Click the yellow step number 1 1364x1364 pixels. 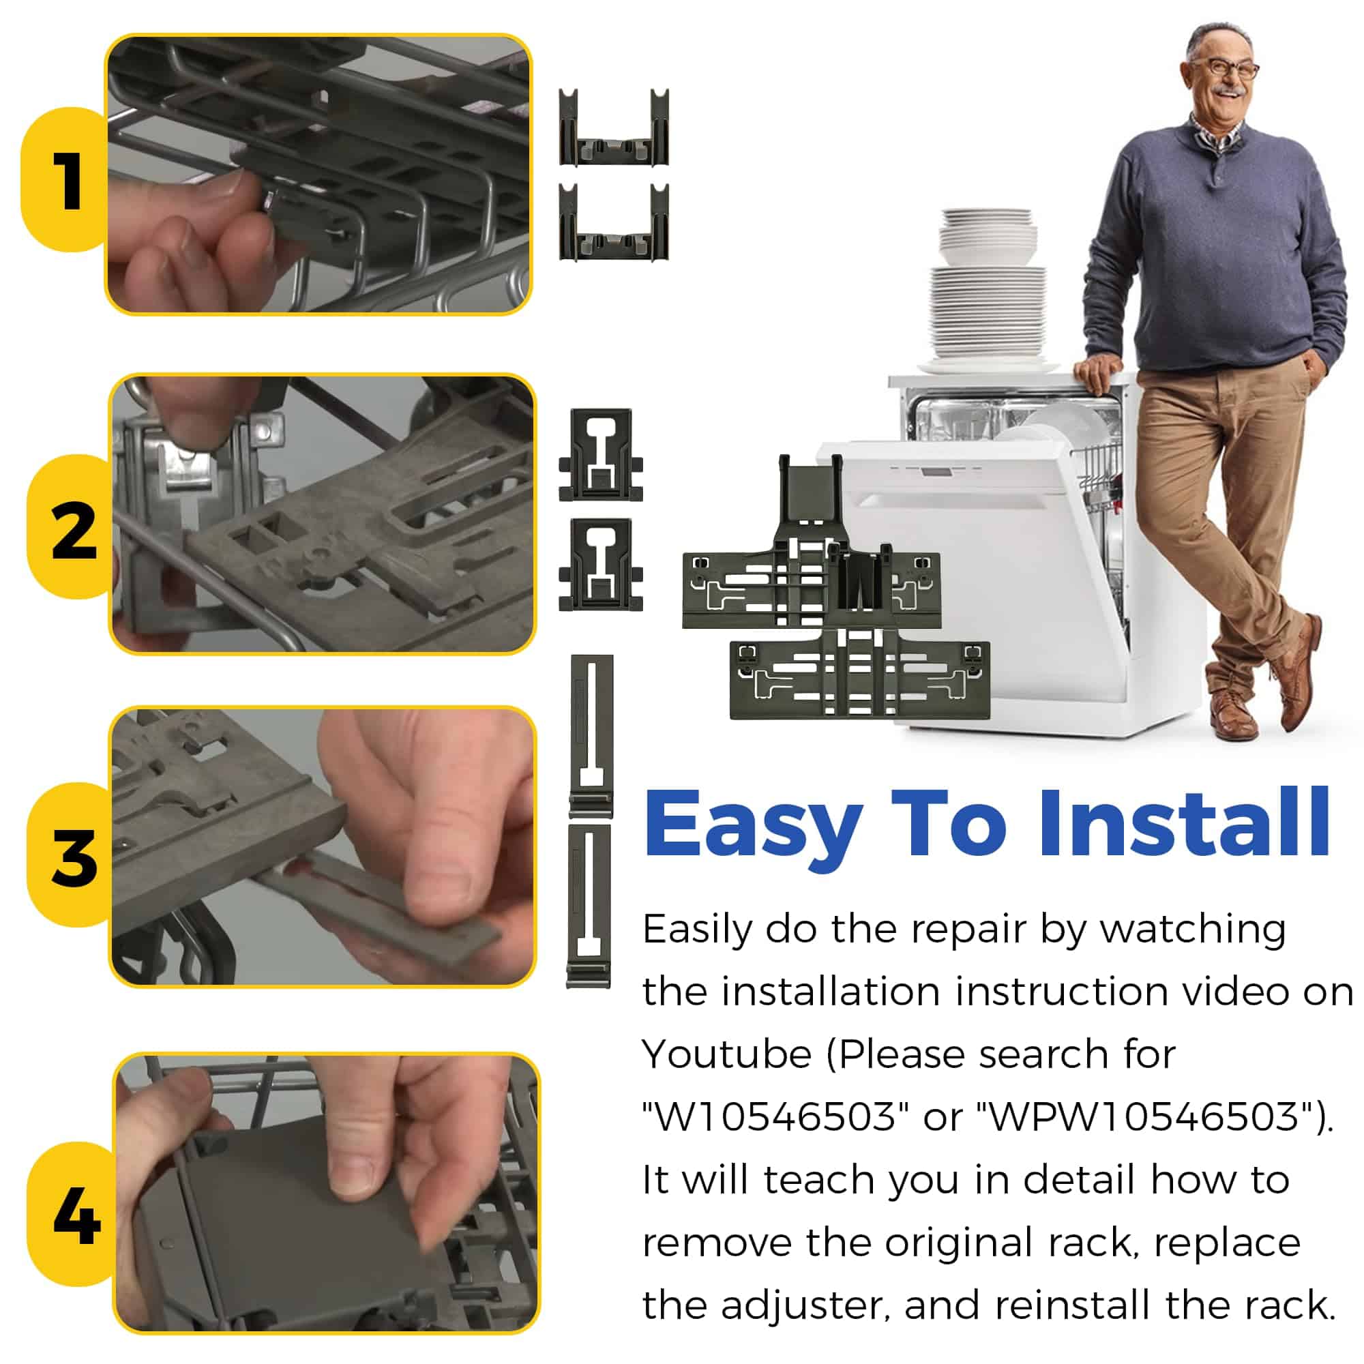coord(71,181)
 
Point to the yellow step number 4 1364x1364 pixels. coord(76,1216)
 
